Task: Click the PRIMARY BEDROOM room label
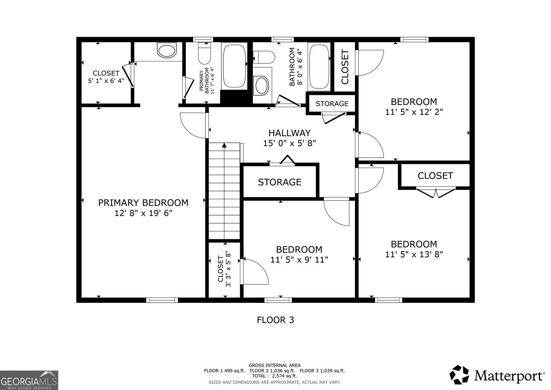(143, 202)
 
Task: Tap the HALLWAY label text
(289, 133)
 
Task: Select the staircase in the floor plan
(224, 191)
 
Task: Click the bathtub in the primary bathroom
(235, 66)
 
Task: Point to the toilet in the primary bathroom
(204, 54)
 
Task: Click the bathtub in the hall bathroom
(319, 67)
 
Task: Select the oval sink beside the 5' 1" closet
(167, 51)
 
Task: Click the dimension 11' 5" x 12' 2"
(414, 112)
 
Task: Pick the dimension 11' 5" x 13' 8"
(414, 254)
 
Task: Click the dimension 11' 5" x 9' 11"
(299, 260)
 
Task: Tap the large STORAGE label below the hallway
(279, 182)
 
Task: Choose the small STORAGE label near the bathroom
(332, 103)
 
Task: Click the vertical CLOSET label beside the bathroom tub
(345, 67)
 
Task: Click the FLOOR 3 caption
(275, 320)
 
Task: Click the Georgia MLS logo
(29, 380)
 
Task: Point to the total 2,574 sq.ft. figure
(274, 376)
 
